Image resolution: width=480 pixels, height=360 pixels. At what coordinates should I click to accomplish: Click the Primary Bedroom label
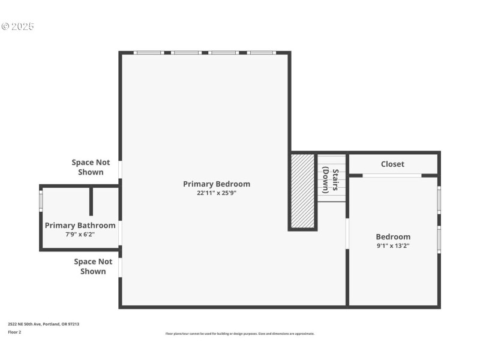click(x=216, y=184)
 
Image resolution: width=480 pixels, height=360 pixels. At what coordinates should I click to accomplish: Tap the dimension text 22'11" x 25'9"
click(x=216, y=193)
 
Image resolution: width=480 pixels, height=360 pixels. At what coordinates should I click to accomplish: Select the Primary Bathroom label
click(x=80, y=226)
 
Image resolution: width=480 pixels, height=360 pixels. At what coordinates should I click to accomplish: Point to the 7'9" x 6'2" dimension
click(x=80, y=235)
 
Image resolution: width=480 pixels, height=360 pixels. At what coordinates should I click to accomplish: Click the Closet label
click(x=392, y=164)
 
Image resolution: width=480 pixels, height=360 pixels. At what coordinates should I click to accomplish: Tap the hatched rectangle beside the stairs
click(x=302, y=191)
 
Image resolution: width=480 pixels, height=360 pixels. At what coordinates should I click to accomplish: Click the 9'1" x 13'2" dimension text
click(x=393, y=245)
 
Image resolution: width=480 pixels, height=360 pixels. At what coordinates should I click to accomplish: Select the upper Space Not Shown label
click(x=91, y=167)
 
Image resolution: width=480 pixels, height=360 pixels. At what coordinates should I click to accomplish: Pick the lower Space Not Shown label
click(x=93, y=266)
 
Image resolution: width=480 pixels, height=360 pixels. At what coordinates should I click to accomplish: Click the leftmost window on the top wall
click(x=148, y=53)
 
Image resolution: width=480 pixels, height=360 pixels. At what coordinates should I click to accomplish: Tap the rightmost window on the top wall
click(x=262, y=53)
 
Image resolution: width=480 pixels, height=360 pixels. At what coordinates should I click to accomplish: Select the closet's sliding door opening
click(x=392, y=175)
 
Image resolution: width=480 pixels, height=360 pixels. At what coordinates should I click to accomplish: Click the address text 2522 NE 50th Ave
click(x=43, y=324)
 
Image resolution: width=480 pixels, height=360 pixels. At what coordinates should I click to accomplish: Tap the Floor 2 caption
click(x=14, y=332)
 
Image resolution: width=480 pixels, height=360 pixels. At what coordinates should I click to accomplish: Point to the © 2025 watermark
click(x=18, y=26)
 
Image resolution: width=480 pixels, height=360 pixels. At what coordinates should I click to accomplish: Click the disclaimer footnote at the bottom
click(x=239, y=334)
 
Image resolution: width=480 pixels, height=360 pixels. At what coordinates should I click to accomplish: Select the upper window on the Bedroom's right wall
click(x=439, y=200)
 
